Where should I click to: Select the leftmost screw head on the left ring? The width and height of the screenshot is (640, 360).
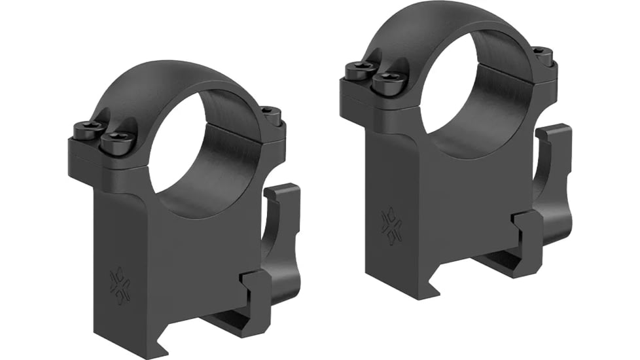89,132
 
